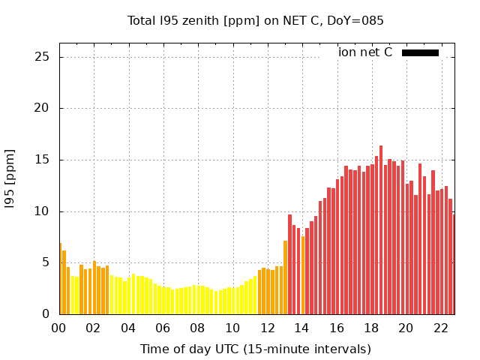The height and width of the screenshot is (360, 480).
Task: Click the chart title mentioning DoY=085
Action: pos(256,21)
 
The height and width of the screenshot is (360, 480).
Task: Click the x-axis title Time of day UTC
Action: pos(256,349)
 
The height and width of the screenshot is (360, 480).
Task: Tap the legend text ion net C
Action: pos(365,52)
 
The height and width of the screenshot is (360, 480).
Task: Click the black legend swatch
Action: pos(420,52)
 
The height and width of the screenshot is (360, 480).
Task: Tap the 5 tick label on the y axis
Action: pos(46,262)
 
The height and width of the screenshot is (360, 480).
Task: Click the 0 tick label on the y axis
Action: pos(46,314)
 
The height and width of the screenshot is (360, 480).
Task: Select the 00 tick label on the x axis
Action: pos(58,328)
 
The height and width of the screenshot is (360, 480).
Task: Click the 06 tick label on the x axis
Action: pos(163,328)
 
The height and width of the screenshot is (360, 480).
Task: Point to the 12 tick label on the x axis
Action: pos(267,328)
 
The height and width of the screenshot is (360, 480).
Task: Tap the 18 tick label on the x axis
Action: pos(371,328)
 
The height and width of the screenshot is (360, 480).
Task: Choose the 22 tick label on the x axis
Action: pos(441,328)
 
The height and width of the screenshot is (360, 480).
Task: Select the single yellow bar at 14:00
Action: pos(303,275)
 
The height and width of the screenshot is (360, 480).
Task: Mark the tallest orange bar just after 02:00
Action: pos(94,287)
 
